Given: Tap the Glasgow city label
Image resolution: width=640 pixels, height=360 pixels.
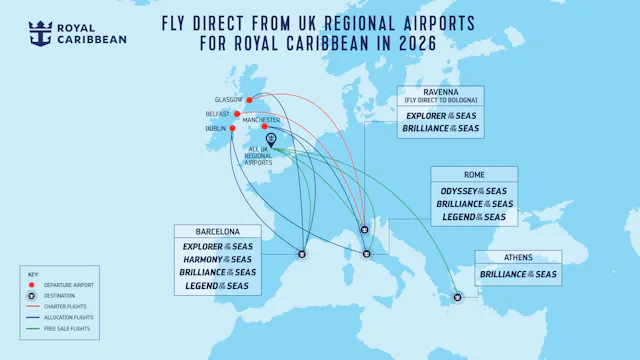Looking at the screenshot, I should (x=229, y=100).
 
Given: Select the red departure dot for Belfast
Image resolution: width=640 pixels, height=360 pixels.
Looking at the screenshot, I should (x=237, y=114).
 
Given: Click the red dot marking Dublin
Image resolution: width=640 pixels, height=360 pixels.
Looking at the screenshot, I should (x=233, y=128).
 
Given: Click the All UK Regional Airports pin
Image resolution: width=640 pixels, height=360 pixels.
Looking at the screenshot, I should (x=271, y=140).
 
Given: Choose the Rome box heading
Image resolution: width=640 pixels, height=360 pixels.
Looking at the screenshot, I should (x=473, y=175).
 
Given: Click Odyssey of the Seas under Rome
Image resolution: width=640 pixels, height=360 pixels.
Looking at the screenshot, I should (x=473, y=191).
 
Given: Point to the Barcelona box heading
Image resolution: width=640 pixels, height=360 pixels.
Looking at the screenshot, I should (x=217, y=231).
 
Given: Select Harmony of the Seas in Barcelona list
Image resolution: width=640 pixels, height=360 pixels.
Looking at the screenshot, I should (x=217, y=259).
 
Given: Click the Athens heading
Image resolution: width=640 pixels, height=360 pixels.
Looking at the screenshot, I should (x=517, y=258).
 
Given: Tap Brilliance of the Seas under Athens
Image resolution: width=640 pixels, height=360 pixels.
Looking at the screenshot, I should (x=517, y=274).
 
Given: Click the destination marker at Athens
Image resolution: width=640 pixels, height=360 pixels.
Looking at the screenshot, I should (x=457, y=296).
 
